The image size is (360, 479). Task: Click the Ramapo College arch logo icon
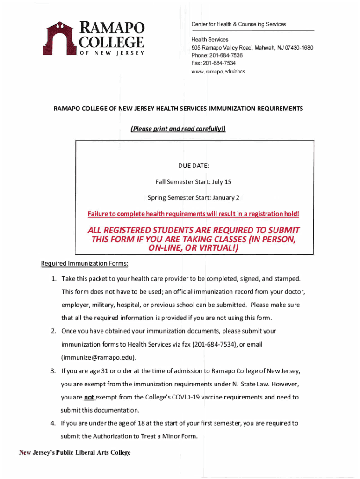(60, 38)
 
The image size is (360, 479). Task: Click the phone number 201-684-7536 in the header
(226, 55)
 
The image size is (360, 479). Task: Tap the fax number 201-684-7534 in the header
(219, 63)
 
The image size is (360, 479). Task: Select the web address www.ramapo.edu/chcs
(218, 72)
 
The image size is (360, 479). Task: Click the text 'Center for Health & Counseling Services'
(238, 24)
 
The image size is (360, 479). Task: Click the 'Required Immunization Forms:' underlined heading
(85, 264)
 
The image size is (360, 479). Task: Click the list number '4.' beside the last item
(54, 423)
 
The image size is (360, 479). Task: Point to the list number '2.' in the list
(54, 331)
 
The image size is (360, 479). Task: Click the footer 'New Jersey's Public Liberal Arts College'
(75, 452)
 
